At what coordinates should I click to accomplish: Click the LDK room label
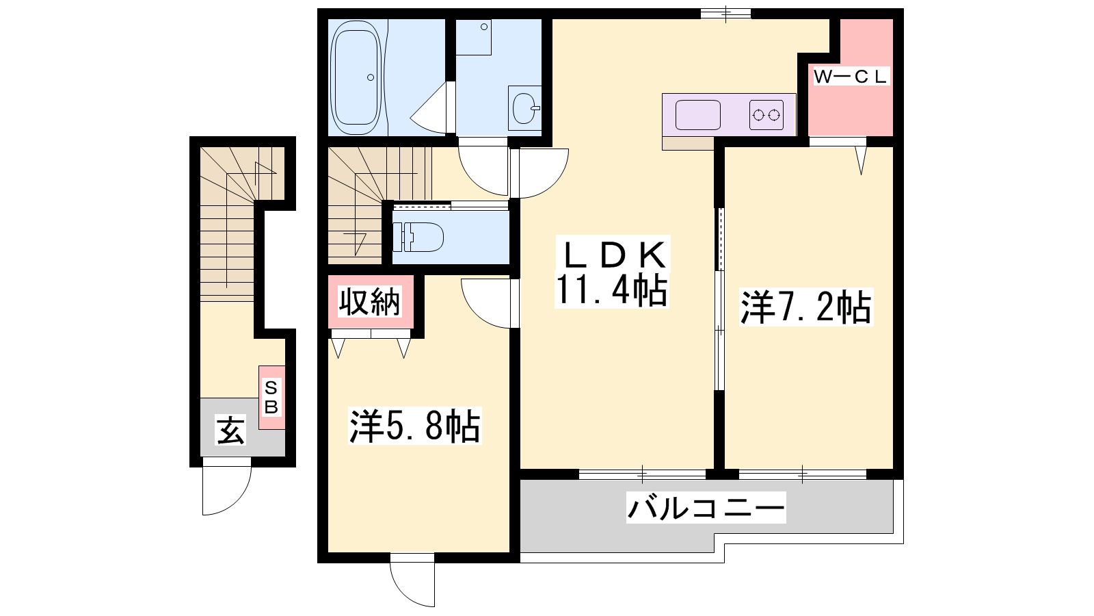coord(612,255)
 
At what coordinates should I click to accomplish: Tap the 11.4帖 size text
coord(611,290)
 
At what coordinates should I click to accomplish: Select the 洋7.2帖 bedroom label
coord(806,307)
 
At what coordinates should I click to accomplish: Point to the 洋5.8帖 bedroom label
coord(414,426)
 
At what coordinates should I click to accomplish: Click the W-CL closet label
coord(851,77)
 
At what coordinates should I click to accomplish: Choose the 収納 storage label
coord(370,301)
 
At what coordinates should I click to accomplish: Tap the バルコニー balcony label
coord(706,508)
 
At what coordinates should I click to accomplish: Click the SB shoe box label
coord(271,398)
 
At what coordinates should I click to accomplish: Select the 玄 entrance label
coord(230,431)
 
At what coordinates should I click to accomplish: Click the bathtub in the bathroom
coord(356,78)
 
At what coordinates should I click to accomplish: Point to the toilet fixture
coord(418,237)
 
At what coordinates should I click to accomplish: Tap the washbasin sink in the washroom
coord(524,108)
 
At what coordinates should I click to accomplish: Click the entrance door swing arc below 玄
coord(239,499)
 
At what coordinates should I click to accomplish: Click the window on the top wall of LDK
coord(725,14)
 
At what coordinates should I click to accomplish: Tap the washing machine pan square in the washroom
coord(473,38)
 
